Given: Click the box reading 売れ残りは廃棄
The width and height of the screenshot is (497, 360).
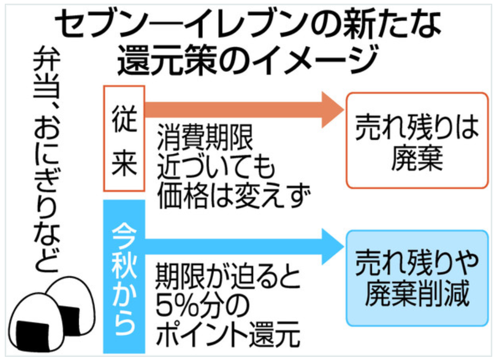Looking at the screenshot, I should click(417, 141).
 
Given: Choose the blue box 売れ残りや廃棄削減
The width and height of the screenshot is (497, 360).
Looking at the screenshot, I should click(417, 278).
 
